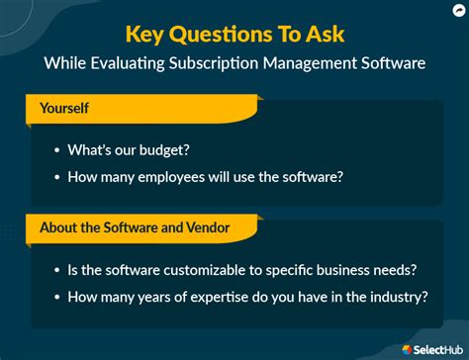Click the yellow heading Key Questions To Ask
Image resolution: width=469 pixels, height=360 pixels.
click(234, 35)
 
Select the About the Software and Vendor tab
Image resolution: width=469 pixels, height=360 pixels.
click(136, 227)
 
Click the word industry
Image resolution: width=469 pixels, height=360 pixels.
click(397, 296)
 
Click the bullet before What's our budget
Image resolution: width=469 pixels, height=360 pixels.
click(57, 151)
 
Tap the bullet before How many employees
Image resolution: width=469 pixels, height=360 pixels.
click(57, 178)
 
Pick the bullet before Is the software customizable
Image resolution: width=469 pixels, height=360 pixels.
click(57, 270)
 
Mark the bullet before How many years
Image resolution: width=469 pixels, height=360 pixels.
click(57, 297)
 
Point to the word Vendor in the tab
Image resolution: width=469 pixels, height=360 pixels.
click(209, 227)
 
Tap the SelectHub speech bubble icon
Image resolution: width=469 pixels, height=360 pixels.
click(408, 348)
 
